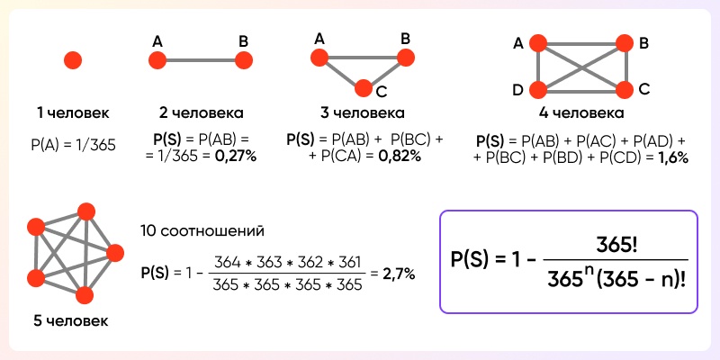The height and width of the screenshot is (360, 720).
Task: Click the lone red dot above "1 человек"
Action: [x=73, y=60]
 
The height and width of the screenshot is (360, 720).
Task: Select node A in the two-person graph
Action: [x=157, y=60]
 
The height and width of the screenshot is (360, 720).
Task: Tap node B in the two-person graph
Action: [x=242, y=60]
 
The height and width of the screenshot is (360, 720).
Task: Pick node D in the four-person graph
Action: [x=538, y=89]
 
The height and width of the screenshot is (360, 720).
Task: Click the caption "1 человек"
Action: [x=73, y=114]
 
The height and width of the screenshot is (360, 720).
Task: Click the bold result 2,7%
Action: [x=398, y=274]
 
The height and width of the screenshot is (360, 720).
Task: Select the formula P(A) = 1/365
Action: [x=73, y=143]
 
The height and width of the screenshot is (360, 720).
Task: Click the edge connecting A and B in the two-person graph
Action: [x=200, y=60]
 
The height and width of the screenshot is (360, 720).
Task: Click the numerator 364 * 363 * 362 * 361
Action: [x=284, y=263]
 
